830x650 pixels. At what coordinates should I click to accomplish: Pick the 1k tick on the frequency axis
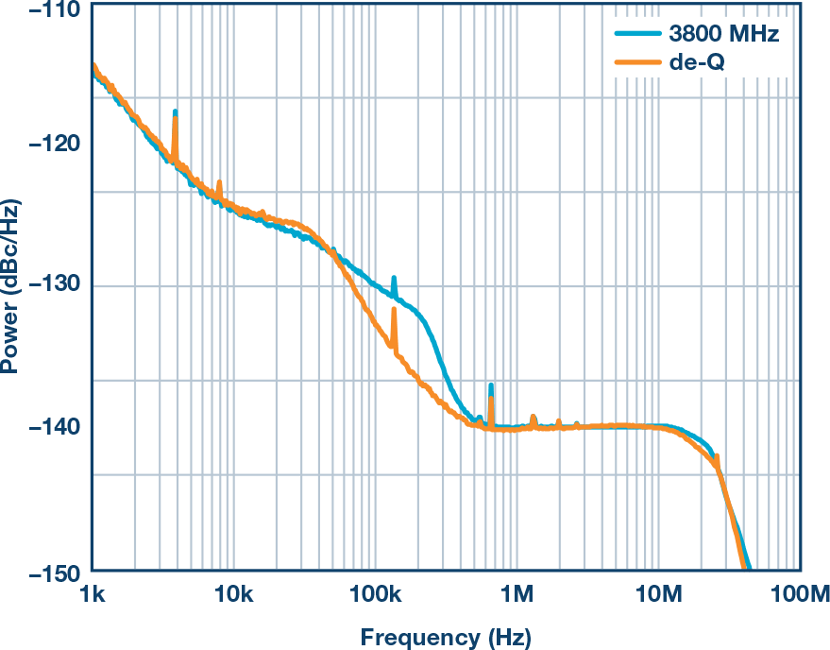click(92, 594)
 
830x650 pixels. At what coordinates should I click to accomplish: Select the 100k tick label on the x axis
click(375, 594)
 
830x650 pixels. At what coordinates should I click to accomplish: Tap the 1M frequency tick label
click(517, 594)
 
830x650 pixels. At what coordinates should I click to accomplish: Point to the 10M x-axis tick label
click(658, 594)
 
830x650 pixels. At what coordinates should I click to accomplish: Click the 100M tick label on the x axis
click(799, 594)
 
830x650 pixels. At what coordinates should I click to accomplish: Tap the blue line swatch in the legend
click(637, 36)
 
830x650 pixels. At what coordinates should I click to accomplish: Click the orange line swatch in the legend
click(637, 62)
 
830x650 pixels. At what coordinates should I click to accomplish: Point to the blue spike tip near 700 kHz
click(491, 386)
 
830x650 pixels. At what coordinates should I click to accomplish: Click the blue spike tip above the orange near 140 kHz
click(394, 278)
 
